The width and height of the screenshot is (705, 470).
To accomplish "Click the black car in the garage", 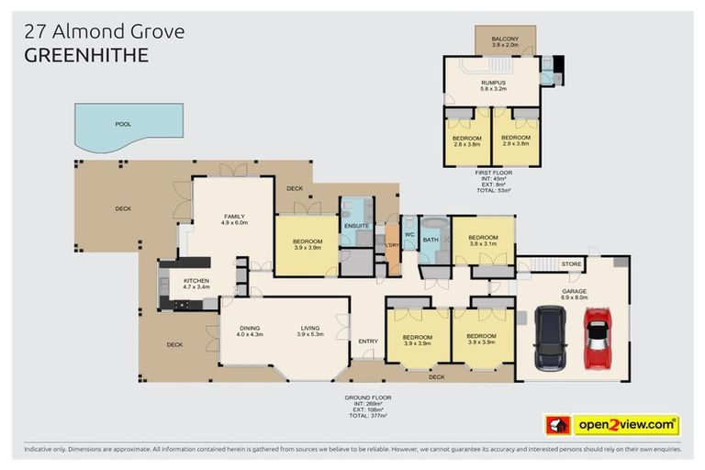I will (x=551, y=337).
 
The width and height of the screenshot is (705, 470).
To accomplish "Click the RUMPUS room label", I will (x=492, y=81).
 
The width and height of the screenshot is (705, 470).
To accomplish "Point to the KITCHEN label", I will (x=196, y=281).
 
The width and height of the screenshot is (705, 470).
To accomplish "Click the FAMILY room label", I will (x=235, y=215).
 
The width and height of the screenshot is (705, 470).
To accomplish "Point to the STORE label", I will (x=571, y=265).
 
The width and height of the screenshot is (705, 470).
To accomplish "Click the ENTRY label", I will (x=368, y=341).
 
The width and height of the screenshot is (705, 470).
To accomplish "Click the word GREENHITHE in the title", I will (x=84, y=55).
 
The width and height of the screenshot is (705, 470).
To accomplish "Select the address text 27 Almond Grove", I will (x=104, y=31).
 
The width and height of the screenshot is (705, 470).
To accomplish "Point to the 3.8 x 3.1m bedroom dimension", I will (x=483, y=243).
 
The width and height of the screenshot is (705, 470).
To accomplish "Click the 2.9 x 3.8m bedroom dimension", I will (x=516, y=144).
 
